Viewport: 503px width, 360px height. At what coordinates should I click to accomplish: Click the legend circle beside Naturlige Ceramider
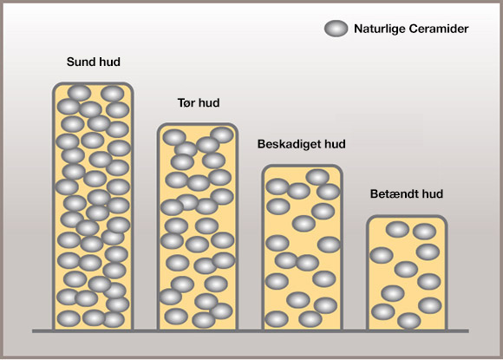tap(336, 29)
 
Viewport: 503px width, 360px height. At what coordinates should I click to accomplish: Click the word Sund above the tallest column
tap(80, 62)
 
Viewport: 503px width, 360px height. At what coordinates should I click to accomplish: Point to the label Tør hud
tap(199, 102)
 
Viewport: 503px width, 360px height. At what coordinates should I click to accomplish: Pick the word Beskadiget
tap(289, 144)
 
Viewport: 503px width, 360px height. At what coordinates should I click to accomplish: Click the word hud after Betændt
tap(433, 193)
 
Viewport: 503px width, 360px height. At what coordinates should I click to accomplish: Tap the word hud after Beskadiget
tap(335, 144)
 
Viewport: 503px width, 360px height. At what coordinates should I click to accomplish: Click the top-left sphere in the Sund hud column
tap(79, 93)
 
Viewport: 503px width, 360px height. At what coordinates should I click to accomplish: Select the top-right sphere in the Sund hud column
tap(112, 94)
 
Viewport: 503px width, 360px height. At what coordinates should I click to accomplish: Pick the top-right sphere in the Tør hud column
tap(222, 134)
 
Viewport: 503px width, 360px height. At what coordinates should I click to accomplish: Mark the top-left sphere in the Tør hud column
tap(174, 138)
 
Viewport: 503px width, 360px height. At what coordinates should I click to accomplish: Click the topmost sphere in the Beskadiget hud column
tap(317, 177)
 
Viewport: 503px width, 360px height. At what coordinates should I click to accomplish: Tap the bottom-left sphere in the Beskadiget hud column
tap(277, 319)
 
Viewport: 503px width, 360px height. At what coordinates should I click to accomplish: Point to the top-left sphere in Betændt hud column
tap(397, 229)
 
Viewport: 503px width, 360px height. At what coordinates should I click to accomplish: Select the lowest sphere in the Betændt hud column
tap(409, 321)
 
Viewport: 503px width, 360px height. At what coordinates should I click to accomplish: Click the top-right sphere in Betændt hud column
tap(424, 232)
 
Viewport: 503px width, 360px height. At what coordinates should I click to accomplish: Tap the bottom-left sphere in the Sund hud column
tap(69, 318)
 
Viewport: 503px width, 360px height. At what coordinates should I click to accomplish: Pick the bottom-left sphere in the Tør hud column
tap(176, 317)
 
